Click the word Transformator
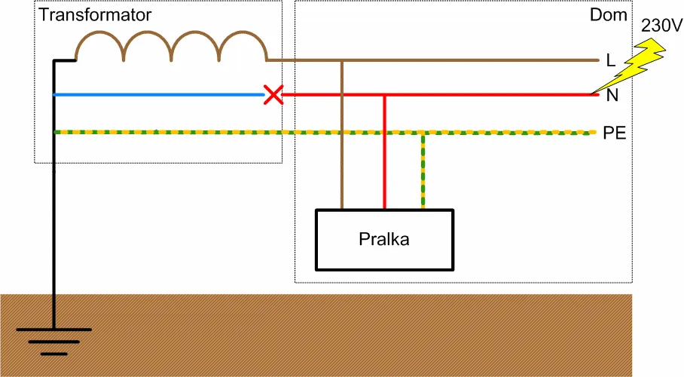click(x=95, y=15)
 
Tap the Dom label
click(x=608, y=15)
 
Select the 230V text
click(x=661, y=26)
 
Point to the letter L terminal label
click(x=611, y=60)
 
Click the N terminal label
click(x=612, y=95)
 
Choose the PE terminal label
click(x=614, y=133)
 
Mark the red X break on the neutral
click(x=273, y=95)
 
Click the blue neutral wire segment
click(x=159, y=95)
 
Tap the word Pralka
click(x=384, y=239)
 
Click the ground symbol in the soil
click(x=54, y=342)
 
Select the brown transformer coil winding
click(x=171, y=46)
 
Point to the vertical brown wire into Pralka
click(x=342, y=135)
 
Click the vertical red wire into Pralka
click(x=384, y=152)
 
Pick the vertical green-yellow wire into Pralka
click(x=423, y=171)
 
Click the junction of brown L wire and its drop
click(x=342, y=60)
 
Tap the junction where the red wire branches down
click(x=384, y=95)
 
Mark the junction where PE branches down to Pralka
click(x=423, y=133)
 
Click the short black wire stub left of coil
click(x=65, y=60)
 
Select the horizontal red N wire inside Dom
click(x=441, y=95)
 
